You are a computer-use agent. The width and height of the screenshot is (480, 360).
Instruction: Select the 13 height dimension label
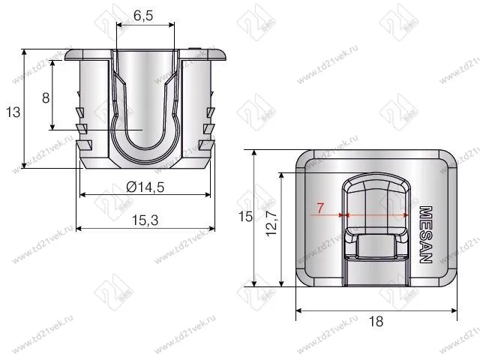(12, 112)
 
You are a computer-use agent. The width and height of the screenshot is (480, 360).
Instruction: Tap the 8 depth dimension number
(45, 97)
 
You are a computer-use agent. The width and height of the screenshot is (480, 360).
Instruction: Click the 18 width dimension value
(376, 320)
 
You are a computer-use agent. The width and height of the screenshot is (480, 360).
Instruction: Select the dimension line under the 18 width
(376, 309)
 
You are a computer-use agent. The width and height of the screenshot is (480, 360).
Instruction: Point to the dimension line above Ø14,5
(145, 196)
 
